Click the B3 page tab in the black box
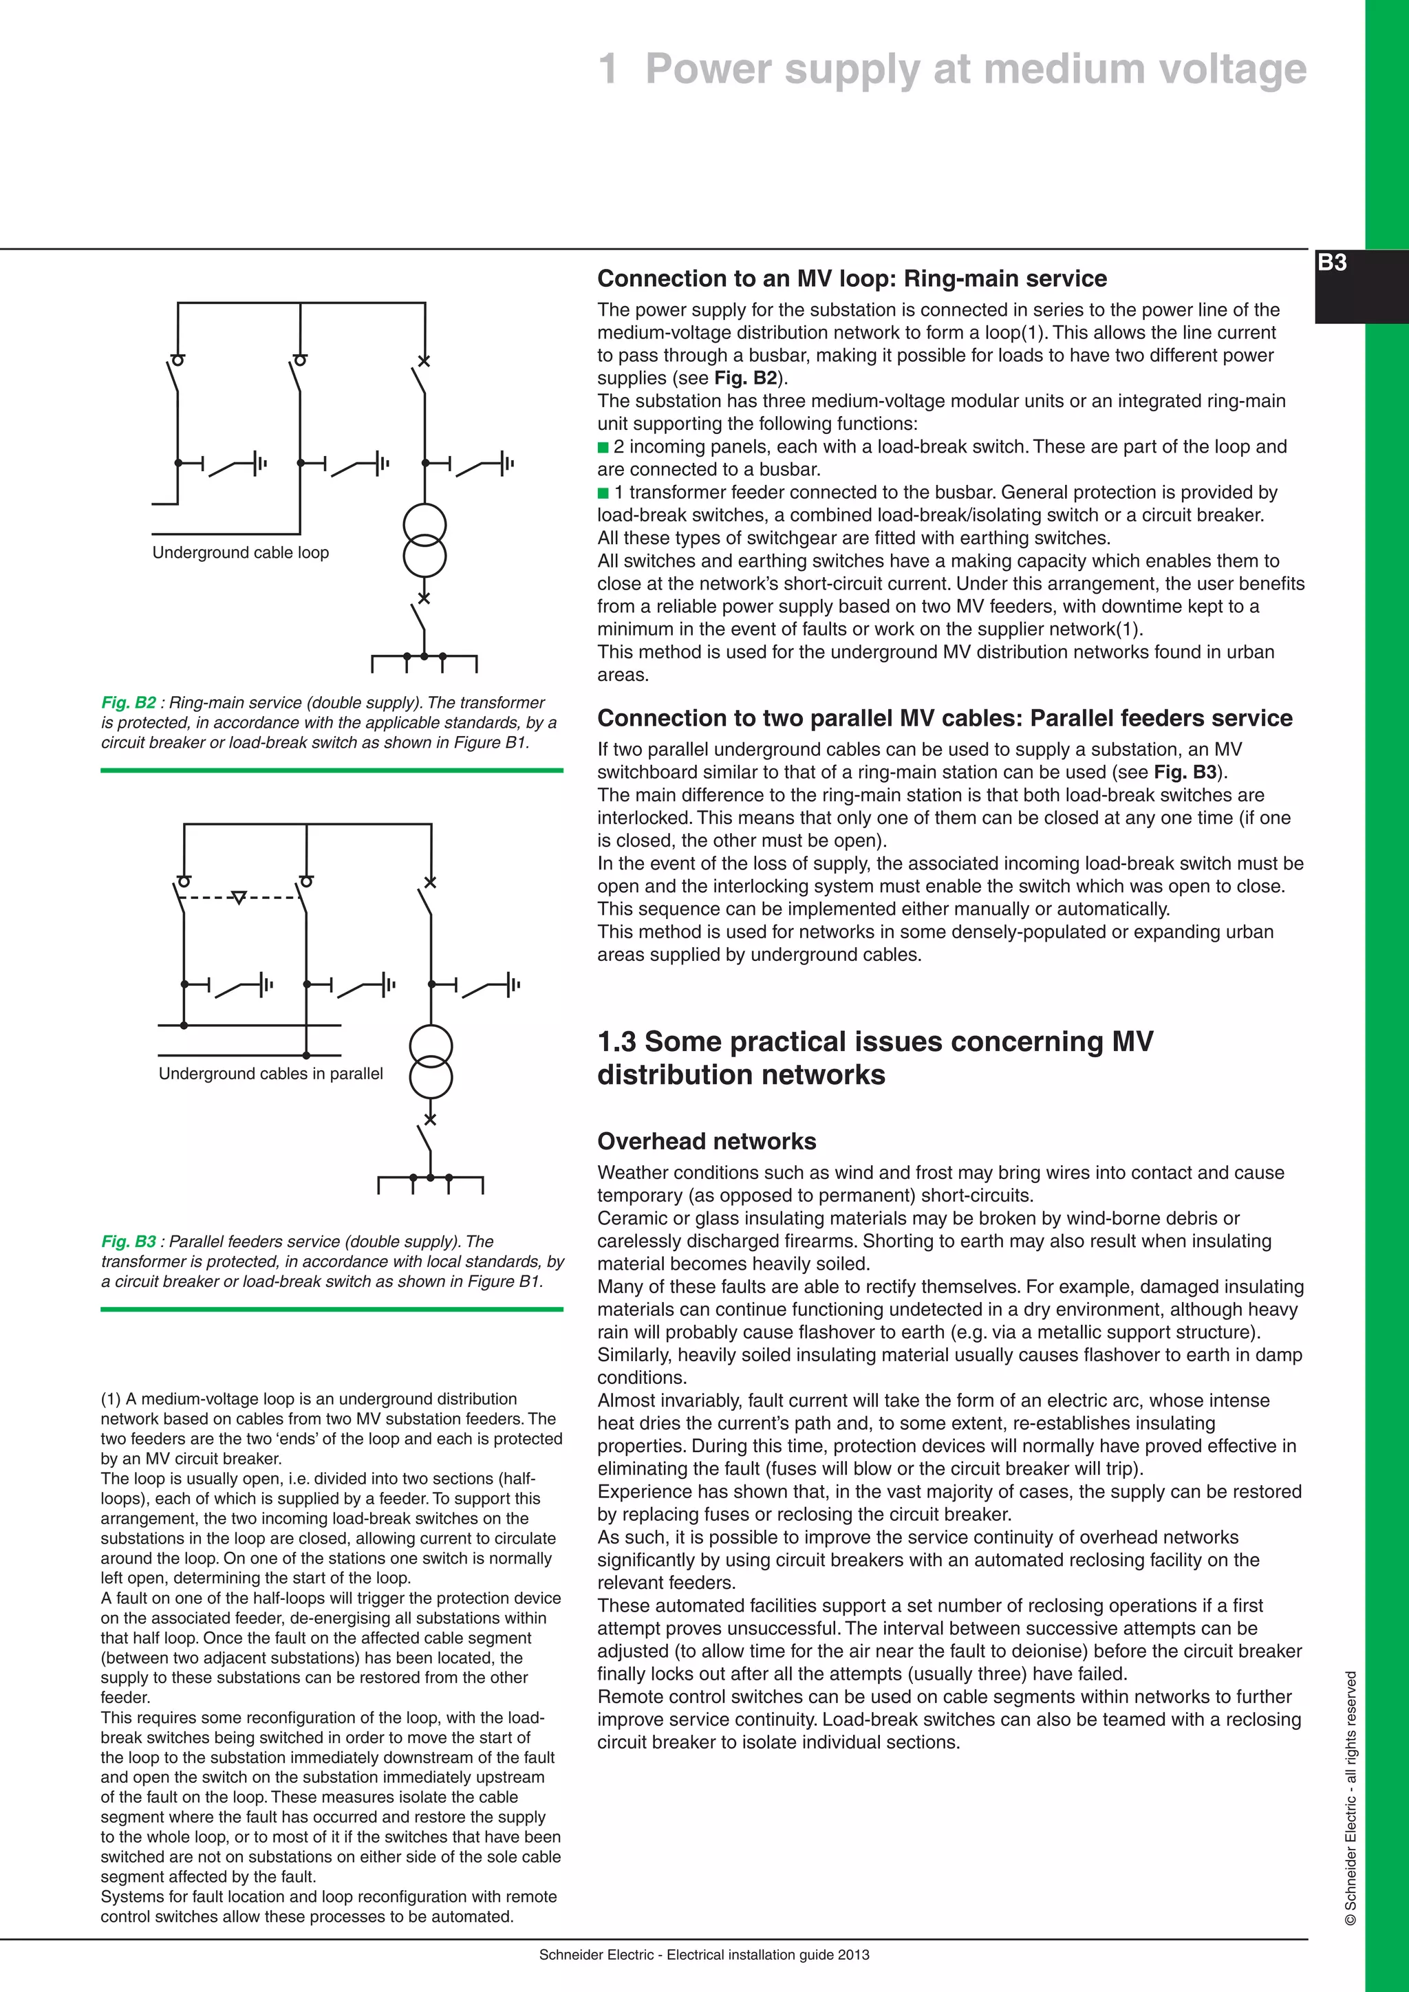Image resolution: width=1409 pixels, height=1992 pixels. point(1332,263)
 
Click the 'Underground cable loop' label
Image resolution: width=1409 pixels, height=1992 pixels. point(240,552)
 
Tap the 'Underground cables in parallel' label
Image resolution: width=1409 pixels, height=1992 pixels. point(270,1074)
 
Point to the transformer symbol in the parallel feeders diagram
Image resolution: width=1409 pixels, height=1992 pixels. point(430,1062)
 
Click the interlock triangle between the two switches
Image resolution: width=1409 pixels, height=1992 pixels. point(240,897)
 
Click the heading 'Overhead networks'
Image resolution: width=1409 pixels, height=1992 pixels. point(707,1141)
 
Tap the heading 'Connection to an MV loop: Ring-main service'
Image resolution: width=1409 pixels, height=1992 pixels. point(852,279)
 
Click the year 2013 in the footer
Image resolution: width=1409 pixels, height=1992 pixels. point(854,1955)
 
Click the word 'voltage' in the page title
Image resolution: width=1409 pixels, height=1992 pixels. point(1229,69)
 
